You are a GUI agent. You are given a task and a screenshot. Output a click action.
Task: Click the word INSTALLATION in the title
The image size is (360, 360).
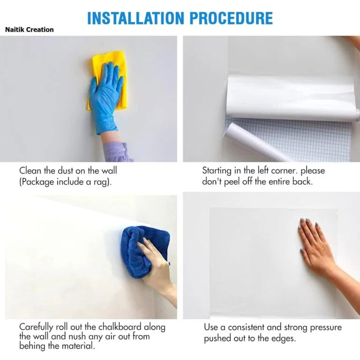pos(135,18)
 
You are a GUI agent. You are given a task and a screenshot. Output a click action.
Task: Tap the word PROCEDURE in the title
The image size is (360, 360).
pos(232,18)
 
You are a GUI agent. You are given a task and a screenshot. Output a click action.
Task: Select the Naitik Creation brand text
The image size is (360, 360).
pos(30,30)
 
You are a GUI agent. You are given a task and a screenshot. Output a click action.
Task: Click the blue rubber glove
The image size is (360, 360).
pos(105,97)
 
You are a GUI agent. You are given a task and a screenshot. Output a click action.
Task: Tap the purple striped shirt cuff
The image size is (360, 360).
pos(117,151)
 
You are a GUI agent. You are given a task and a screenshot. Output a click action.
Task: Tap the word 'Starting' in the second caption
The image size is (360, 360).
pos(217,171)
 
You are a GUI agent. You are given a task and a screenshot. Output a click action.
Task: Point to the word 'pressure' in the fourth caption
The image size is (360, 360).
pos(326,328)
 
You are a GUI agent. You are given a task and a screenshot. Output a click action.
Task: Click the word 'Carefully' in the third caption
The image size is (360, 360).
pos(36,327)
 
